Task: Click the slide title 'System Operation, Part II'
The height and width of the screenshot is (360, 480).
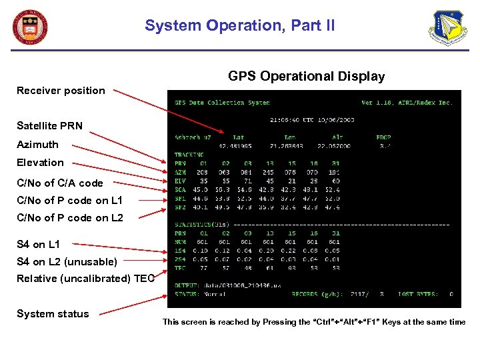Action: (x=240, y=26)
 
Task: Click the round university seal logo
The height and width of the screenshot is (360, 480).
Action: (x=31, y=27)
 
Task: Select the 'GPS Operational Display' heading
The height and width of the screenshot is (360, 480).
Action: (x=306, y=77)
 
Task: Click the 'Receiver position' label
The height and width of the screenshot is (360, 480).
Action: (x=61, y=91)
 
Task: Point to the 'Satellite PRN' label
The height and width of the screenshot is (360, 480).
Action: (x=50, y=125)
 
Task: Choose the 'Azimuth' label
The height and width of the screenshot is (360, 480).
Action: (x=37, y=144)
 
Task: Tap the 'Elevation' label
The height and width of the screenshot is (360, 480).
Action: (x=40, y=162)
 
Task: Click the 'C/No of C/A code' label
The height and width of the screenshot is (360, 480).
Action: (x=60, y=183)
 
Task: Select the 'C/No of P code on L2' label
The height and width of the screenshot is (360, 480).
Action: (x=70, y=217)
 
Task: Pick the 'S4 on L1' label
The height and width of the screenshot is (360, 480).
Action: (x=38, y=245)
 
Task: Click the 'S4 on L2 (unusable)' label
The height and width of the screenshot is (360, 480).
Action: (x=67, y=261)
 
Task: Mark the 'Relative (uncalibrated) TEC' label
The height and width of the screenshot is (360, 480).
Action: (x=85, y=279)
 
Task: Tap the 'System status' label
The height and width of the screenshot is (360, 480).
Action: (x=53, y=314)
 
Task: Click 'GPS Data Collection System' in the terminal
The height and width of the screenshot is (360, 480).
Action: (x=222, y=103)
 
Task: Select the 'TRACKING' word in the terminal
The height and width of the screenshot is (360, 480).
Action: (x=189, y=155)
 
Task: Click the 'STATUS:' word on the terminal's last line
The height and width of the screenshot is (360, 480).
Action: (x=187, y=293)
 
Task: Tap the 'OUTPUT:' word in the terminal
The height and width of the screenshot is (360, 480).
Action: (x=187, y=285)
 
